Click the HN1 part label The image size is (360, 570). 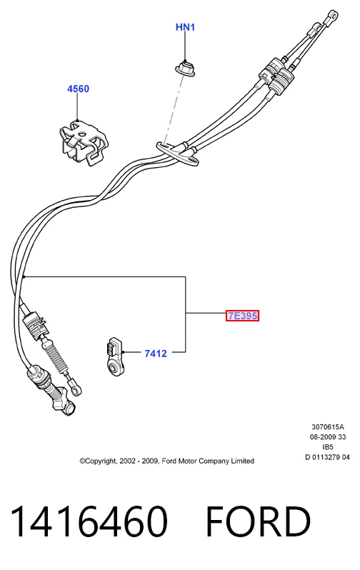(185, 27)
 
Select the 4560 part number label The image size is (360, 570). (78, 89)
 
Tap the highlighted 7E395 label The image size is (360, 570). (243, 316)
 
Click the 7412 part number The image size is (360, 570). (156, 354)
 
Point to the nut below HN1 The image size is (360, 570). (185, 69)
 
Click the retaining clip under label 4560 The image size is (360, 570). (84, 141)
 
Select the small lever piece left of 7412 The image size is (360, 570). (114, 356)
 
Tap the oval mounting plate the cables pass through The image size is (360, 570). (177, 154)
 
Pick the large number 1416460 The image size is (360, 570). (89, 521)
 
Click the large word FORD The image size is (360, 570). (258, 521)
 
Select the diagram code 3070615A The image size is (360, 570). (328, 426)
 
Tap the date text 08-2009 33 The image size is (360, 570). (328, 437)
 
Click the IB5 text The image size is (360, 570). (328, 447)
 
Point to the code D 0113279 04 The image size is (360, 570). (327, 457)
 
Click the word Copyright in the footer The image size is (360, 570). (98, 461)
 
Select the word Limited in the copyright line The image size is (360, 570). (242, 461)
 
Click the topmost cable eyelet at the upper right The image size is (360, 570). (331, 16)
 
